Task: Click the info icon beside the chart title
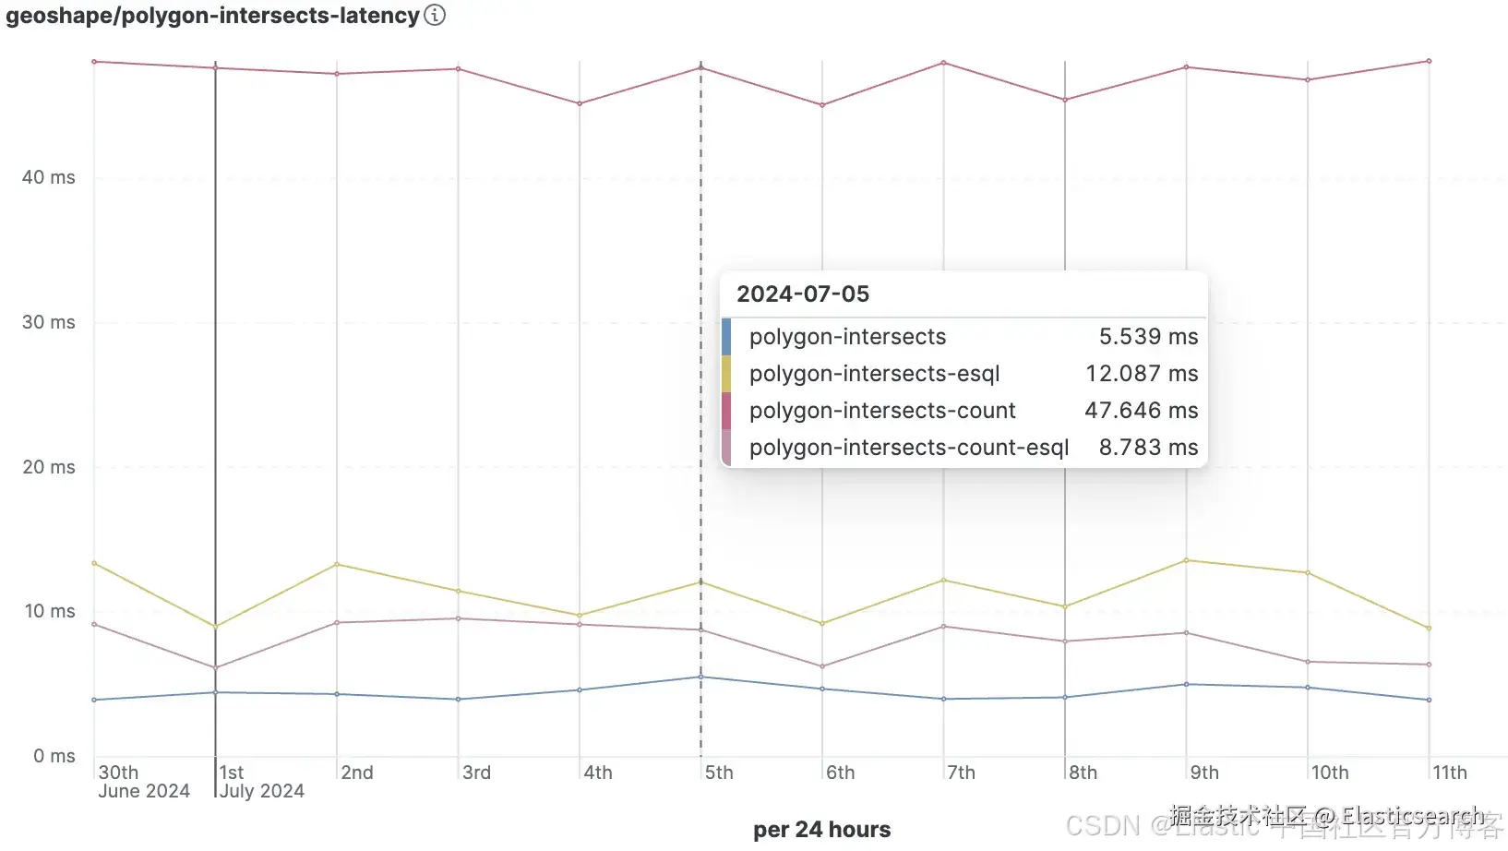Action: coord(435,15)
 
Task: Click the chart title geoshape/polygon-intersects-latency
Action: coord(212,16)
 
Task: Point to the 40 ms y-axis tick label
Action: coord(49,177)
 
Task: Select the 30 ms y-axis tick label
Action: coord(49,322)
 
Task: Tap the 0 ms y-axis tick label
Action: coord(54,756)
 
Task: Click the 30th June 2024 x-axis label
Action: coord(143,782)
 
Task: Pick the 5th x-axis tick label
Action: coord(719,773)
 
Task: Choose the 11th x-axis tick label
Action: coord(1449,773)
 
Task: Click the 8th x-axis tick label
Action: coord(1083,773)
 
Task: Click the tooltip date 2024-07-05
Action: coord(803,294)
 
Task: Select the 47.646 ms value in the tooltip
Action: coord(1141,411)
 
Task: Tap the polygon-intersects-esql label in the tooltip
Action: coord(874,374)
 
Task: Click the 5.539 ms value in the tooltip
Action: coord(1148,337)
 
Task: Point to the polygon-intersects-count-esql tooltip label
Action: coord(908,448)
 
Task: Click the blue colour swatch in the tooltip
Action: coord(726,337)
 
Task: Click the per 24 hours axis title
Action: coord(821,830)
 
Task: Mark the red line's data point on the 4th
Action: coord(580,103)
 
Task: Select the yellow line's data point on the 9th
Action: coord(1186,560)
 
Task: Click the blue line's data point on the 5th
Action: coord(700,677)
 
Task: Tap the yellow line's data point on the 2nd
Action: coord(337,564)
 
